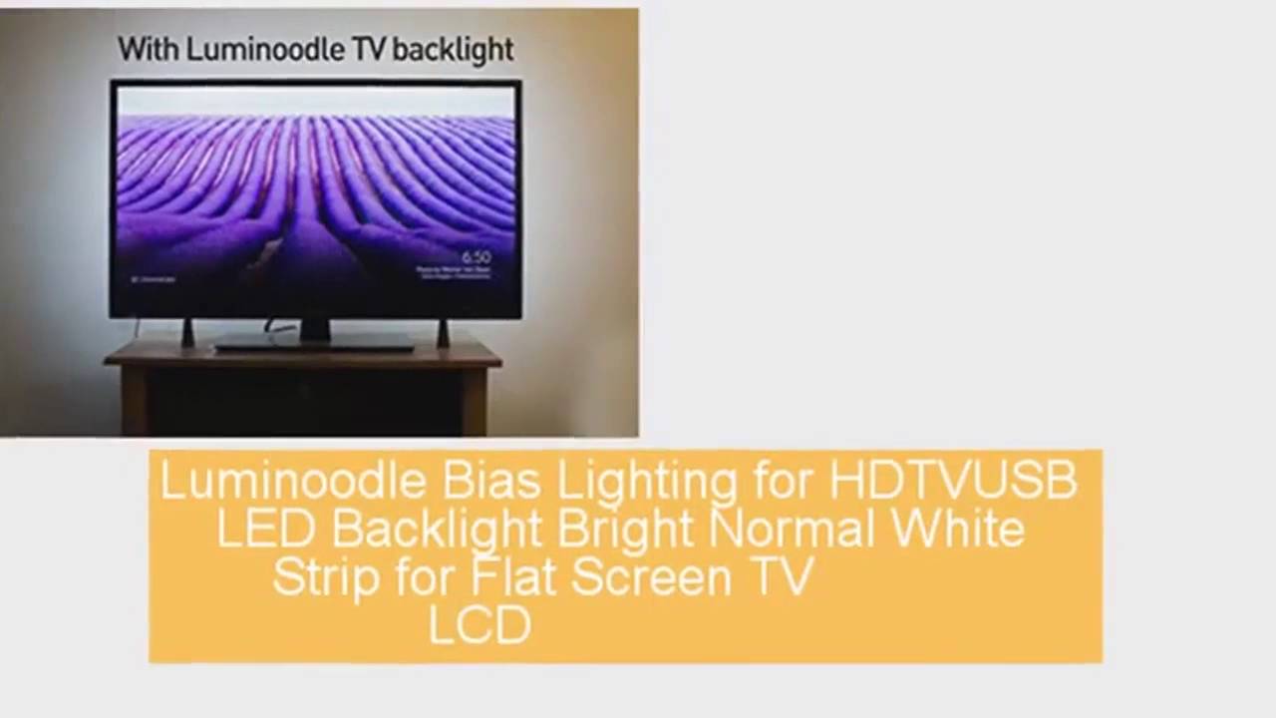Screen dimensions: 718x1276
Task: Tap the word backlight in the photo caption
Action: [453, 50]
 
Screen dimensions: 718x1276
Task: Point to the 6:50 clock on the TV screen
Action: [477, 257]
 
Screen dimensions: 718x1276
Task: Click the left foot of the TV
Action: [187, 333]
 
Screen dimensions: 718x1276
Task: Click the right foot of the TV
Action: [443, 333]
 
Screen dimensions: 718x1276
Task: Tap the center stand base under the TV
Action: [315, 344]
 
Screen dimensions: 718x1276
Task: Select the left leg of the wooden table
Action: [135, 399]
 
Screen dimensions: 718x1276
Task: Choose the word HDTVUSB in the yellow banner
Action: [953, 482]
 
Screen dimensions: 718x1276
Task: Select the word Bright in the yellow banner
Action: [625, 530]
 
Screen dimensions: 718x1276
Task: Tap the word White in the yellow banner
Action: [957, 530]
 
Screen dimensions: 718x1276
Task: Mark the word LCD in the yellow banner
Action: [479, 625]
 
